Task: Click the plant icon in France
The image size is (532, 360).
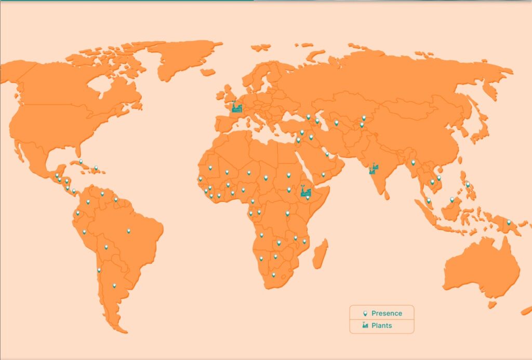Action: (x=237, y=107)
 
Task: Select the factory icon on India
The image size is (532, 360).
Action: (x=373, y=169)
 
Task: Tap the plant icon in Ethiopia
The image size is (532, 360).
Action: (x=306, y=192)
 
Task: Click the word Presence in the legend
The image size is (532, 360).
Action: (x=387, y=313)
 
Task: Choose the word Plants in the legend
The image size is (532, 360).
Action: (x=381, y=326)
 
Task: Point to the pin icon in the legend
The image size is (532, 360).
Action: (x=365, y=313)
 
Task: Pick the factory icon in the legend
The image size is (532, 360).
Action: (x=365, y=326)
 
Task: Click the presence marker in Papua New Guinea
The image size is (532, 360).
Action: (x=509, y=222)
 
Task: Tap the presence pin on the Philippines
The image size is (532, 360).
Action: (x=468, y=184)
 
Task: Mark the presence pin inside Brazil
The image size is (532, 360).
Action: (x=128, y=231)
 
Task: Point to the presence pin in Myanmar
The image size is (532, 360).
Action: (x=413, y=162)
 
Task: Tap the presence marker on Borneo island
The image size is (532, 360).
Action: (x=452, y=199)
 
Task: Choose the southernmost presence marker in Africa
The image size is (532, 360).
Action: (x=273, y=274)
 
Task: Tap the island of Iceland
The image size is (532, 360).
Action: (x=208, y=72)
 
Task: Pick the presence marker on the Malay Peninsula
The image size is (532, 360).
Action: (x=429, y=200)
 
